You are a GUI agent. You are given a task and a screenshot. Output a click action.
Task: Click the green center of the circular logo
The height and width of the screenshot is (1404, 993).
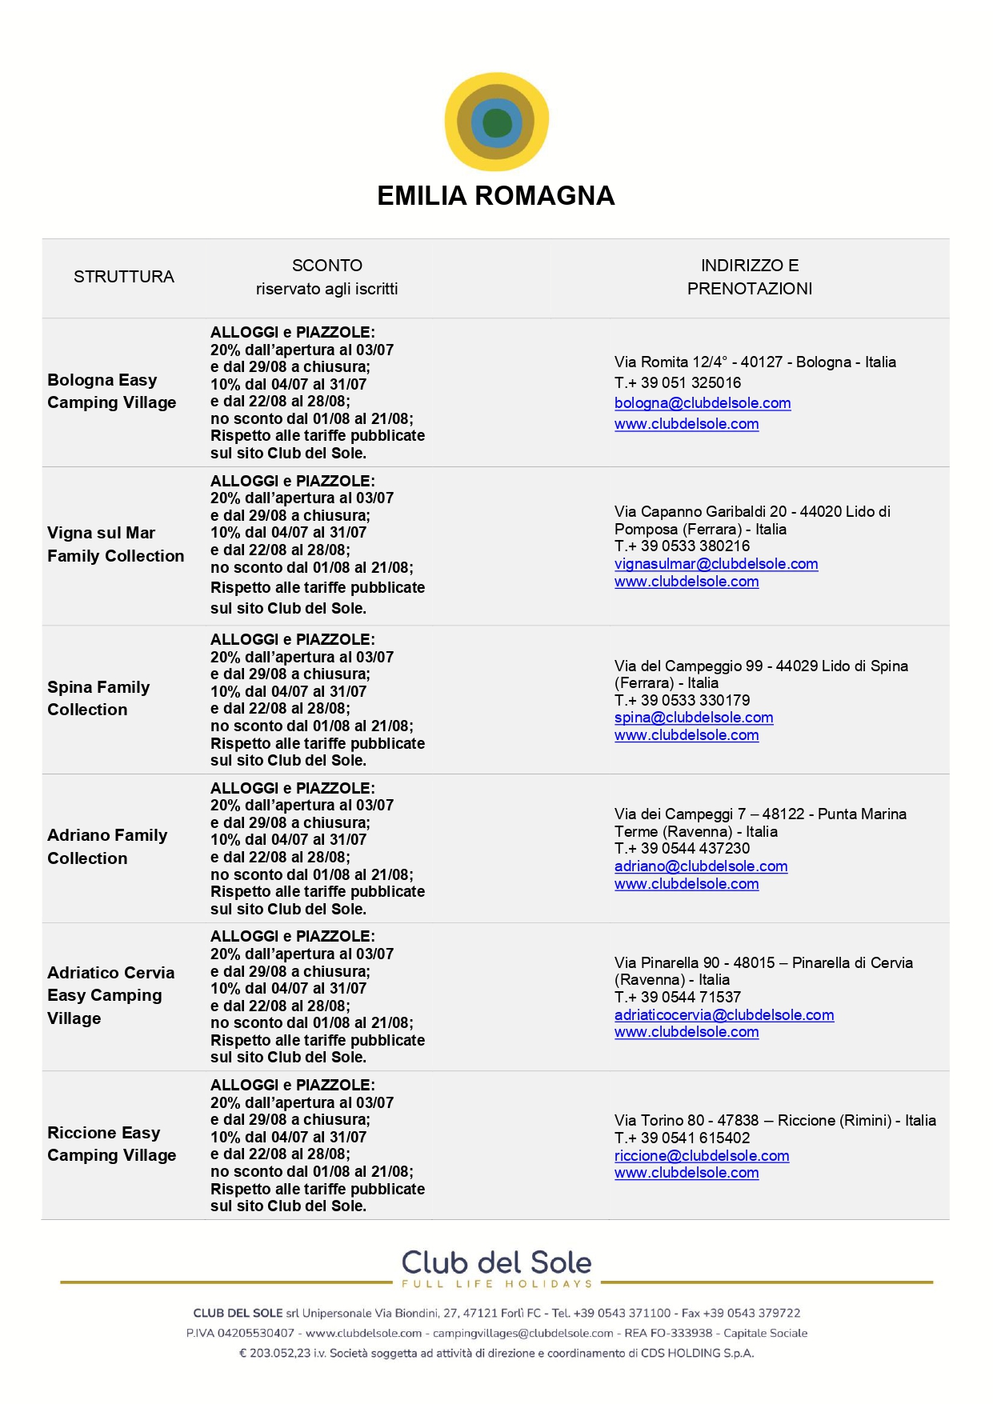(x=497, y=122)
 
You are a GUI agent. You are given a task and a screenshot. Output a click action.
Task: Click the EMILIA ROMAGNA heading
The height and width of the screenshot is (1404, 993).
(x=496, y=196)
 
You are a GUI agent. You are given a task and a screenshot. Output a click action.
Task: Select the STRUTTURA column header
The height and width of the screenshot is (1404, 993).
(x=124, y=277)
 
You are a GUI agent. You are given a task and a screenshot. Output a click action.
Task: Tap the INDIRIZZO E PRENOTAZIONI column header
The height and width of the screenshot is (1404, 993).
(x=750, y=277)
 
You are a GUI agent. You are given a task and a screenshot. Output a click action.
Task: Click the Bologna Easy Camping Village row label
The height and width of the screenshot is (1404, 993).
(x=111, y=391)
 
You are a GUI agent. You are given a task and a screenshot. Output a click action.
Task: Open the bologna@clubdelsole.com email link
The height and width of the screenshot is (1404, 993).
(x=703, y=403)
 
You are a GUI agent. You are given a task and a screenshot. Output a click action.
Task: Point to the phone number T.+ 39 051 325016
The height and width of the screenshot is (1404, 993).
(x=678, y=382)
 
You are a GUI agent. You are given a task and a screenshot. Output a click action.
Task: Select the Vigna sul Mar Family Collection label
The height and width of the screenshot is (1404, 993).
(x=115, y=544)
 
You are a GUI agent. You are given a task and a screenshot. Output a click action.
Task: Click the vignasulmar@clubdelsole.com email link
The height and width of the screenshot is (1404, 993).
(x=716, y=564)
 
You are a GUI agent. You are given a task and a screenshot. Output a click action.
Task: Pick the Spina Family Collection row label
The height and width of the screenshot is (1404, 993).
(x=98, y=698)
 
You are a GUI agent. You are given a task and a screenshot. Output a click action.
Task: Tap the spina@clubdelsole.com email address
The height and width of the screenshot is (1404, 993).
(x=694, y=718)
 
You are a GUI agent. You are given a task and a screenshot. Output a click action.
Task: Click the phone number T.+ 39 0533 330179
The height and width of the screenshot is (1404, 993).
(x=683, y=700)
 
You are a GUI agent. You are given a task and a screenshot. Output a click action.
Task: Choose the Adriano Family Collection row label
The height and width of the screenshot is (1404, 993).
(x=107, y=846)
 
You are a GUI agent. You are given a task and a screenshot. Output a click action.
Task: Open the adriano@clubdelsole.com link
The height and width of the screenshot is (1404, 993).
(x=701, y=866)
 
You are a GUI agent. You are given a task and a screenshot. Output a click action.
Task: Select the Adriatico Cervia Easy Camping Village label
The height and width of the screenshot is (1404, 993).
(x=110, y=995)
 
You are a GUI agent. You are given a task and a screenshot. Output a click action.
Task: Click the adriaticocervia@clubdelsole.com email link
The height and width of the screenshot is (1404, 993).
(x=724, y=1015)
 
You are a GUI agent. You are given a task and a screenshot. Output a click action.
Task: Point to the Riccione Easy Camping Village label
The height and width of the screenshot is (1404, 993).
(x=111, y=1144)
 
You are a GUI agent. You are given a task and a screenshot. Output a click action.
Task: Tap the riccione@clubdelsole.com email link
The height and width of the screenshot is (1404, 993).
(x=702, y=1156)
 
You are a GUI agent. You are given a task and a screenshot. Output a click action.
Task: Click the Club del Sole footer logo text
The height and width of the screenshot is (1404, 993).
(x=496, y=1263)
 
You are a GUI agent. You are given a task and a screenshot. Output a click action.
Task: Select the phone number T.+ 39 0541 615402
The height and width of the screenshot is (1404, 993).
(x=683, y=1138)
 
